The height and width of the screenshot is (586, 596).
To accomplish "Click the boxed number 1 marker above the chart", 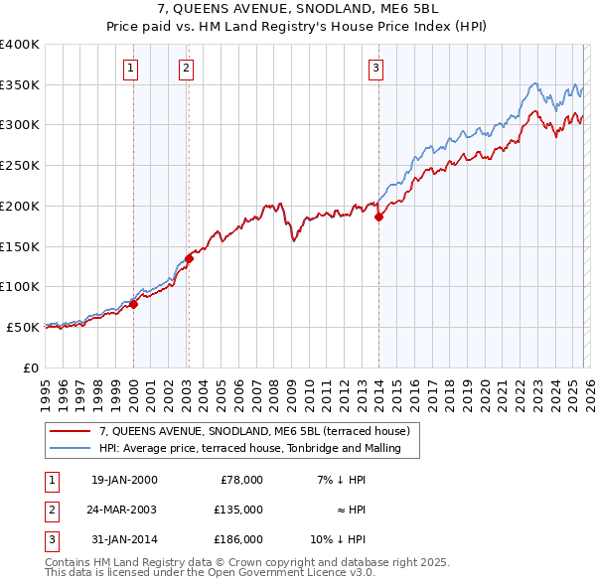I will coord(132,69).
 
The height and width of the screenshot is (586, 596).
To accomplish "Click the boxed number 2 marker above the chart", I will coord(187,69).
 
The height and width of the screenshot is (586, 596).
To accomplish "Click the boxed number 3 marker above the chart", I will coord(376,69).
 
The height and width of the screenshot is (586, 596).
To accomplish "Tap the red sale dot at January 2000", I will coord(133,304).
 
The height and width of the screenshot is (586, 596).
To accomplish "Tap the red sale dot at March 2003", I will coord(189,258).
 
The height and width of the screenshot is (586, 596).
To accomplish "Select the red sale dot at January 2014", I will coord(378,218).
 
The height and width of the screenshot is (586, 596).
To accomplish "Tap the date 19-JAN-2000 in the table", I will coord(123,480).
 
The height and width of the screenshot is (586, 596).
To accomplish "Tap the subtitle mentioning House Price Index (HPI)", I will coord(297,29).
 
